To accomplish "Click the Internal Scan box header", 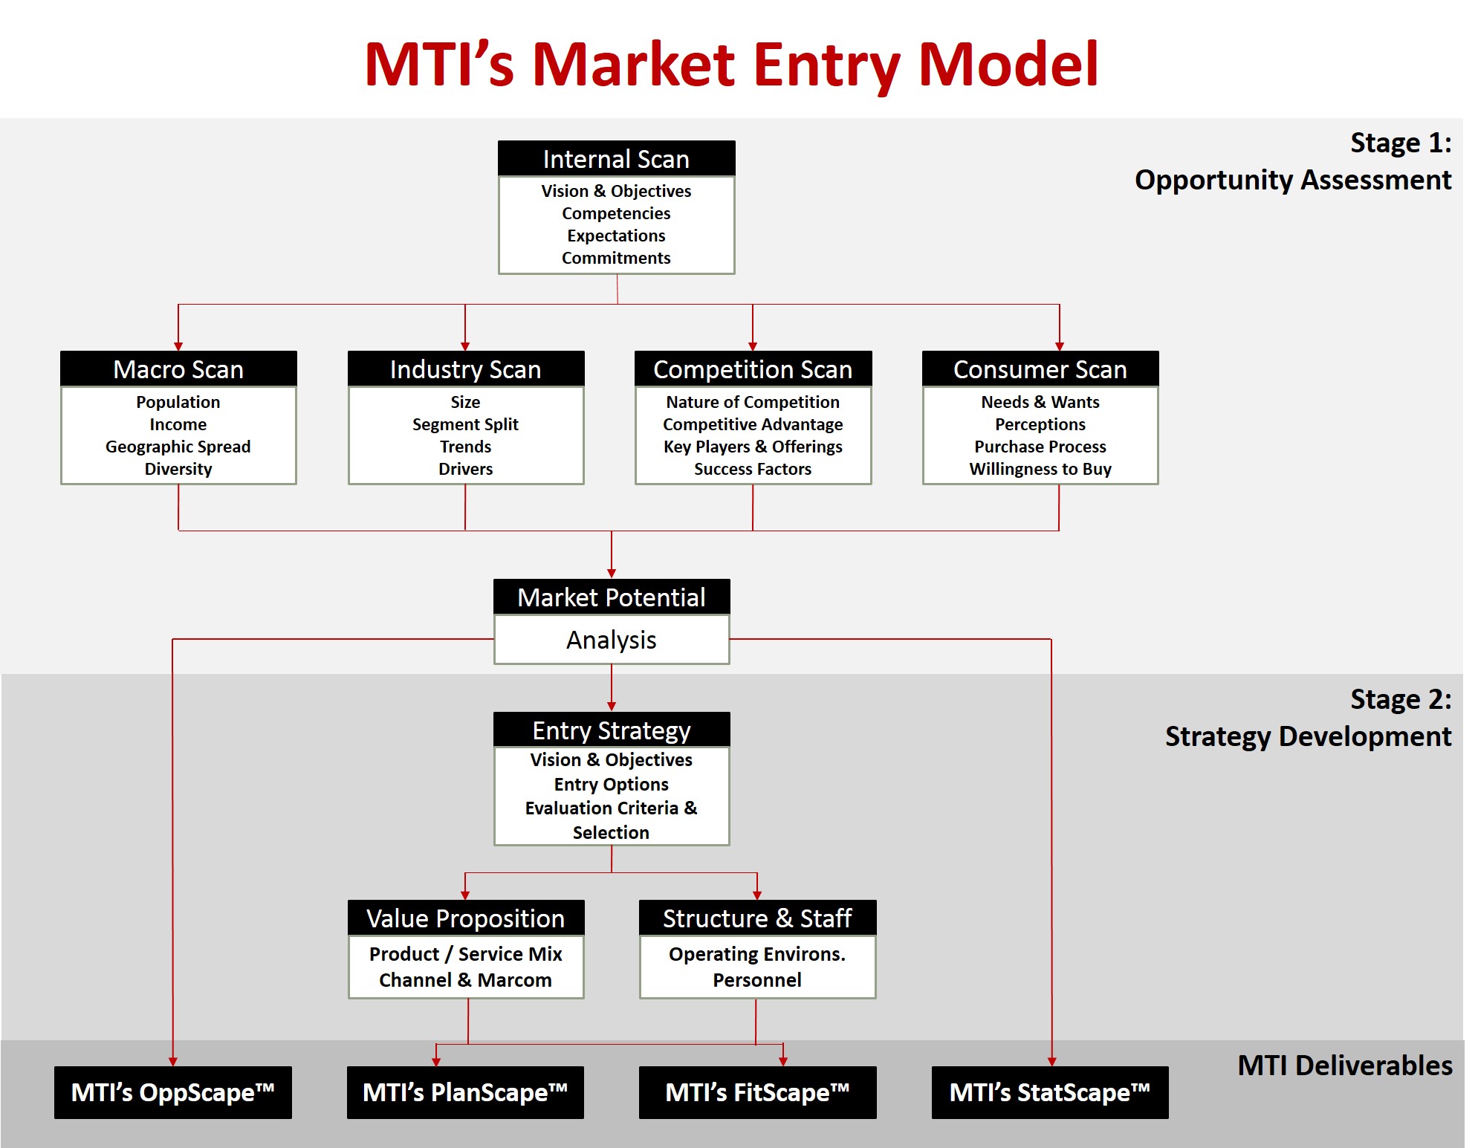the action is pos(616,158).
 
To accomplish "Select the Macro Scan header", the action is pos(178,369).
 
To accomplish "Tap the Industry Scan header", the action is pos(466,369).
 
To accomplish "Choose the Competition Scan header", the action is pos(753,369).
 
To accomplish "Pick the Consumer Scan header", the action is pos(1040,369).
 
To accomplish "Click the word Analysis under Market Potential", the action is pos(612,640).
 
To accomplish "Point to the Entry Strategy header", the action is pos(612,730).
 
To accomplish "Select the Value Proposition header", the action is pos(466,918).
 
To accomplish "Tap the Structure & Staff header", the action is pos(757,918).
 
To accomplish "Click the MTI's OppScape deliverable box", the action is pos(173,1092).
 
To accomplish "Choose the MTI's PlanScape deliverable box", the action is pos(465,1092).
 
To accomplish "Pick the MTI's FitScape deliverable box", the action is pos(758,1092).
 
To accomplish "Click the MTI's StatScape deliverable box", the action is pos(1050,1092).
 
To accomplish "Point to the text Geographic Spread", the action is pos(178,447).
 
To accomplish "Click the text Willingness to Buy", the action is pos(1040,469).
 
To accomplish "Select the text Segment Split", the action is pos(466,424).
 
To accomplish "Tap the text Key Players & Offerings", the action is pos(753,447).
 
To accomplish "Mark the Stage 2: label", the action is pos(1401,699).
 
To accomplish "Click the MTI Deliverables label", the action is pos(1345,1066).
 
